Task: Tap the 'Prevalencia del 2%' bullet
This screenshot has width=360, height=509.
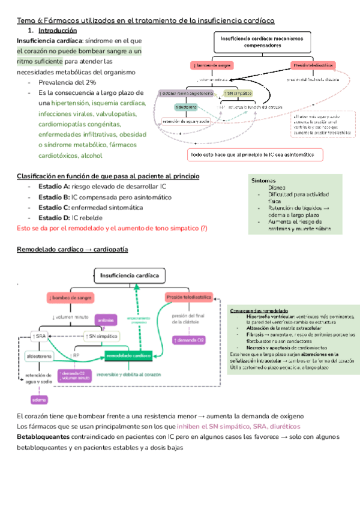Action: click(x=67, y=82)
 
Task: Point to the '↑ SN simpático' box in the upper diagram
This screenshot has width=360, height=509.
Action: click(x=236, y=94)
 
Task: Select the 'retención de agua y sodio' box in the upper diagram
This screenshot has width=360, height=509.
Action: click(x=186, y=121)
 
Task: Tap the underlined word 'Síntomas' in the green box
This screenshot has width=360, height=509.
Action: click(x=264, y=180)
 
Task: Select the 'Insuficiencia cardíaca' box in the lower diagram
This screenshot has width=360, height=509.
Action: click(x=130, y=276)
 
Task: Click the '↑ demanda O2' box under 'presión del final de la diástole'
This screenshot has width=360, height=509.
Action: click(x=189, y=340)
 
